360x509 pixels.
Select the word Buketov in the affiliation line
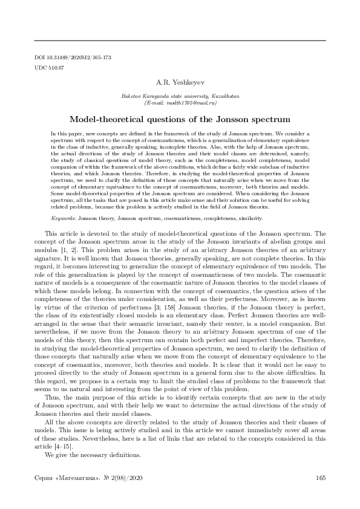pyautogui.click(x=133, y=97)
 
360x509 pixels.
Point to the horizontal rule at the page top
pyautogui.click(x=180, y=40)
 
